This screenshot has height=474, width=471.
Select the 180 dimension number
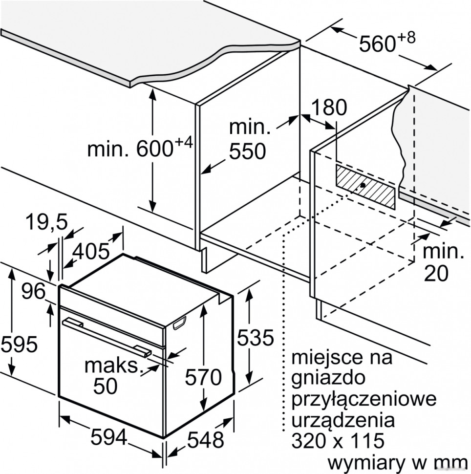(x=329, y=107)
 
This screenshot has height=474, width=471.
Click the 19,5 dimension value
(x=46, y=222)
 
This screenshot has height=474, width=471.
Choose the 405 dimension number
(x=91, y=251)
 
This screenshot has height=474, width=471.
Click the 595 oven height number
(x=19, y=345)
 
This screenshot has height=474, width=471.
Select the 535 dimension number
(x=255, y=337)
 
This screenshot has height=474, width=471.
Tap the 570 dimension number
(x=203, y=377)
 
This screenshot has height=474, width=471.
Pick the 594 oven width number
(x=109, y=437)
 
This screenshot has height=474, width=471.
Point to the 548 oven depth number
(x=206, y=439)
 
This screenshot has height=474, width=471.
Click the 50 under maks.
(x=105, y=386)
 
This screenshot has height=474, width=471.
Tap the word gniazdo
(x=328, y=378)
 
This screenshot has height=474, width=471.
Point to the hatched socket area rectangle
(x=365, y=187)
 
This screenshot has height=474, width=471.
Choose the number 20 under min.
(x=436, y=274)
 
